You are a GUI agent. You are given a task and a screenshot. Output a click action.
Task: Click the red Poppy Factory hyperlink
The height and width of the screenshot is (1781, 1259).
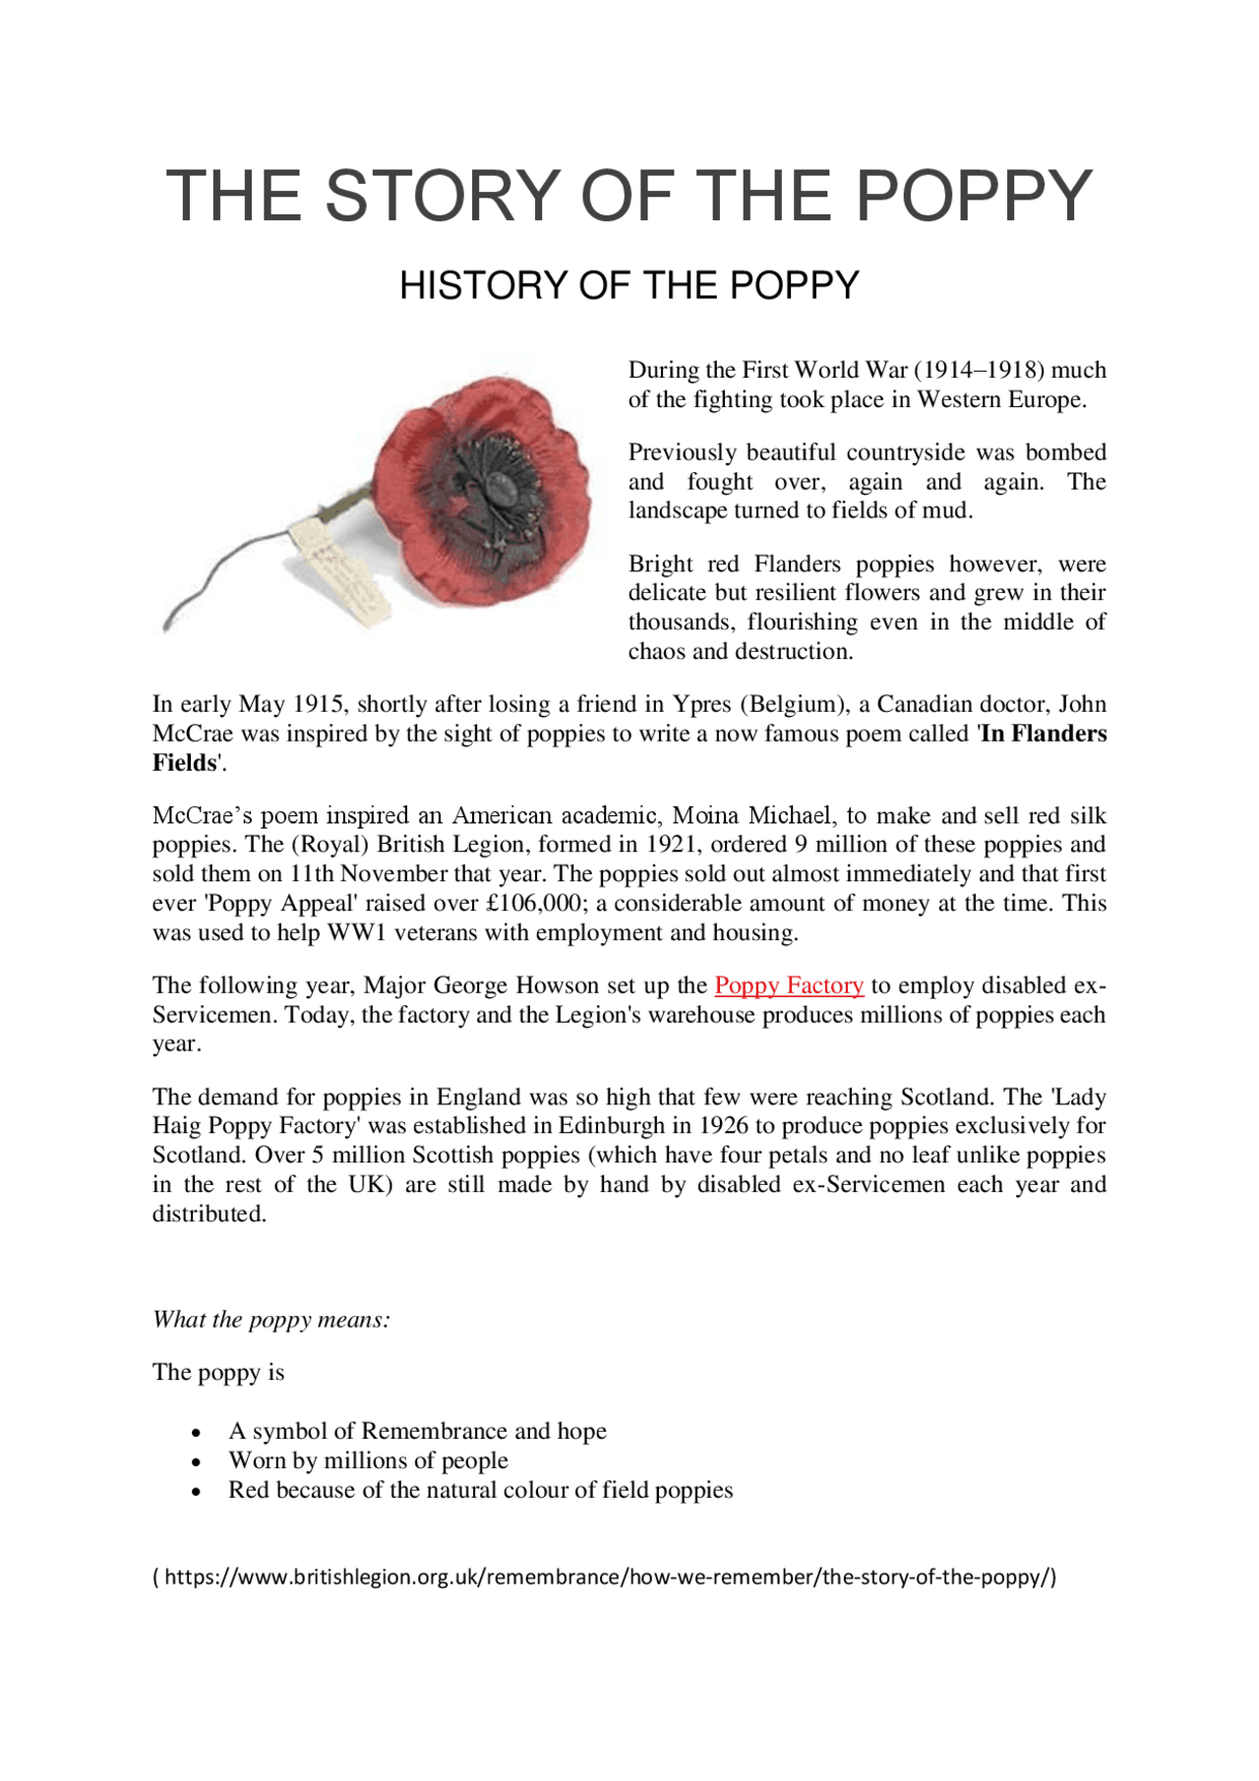[789, 985]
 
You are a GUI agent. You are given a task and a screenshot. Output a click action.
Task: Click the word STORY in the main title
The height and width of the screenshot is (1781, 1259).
[442, 195]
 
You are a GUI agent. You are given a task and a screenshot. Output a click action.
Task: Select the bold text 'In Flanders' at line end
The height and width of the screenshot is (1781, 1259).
[1044, 734]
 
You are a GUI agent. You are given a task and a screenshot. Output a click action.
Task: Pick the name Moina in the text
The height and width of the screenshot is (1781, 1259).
[706, 815]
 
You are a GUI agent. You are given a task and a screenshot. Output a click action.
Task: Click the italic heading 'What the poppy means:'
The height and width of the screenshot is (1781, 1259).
[271, 1320]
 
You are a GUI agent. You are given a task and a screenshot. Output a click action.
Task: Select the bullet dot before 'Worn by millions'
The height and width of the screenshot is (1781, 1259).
[198, 1462]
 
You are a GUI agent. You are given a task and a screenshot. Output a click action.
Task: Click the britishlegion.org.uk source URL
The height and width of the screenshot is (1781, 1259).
[604, 1577]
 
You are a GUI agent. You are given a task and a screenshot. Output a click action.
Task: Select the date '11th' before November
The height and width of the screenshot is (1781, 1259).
[312, 873]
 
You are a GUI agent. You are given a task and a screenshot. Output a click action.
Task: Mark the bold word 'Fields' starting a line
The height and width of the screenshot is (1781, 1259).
[184, 763]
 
